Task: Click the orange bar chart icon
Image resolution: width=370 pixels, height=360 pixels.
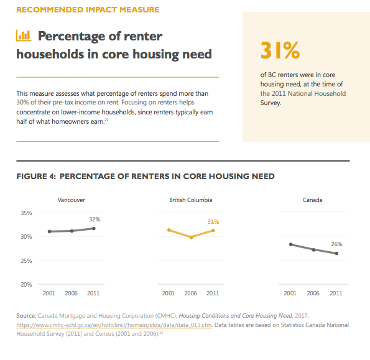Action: [24, 35]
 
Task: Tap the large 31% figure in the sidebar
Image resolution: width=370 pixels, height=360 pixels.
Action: [280, 50]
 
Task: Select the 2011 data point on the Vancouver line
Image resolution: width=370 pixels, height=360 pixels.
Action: [94, 228]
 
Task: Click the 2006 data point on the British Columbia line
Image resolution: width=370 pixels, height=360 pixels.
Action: [191, 238]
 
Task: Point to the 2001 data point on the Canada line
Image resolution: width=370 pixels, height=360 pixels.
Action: [291, 244]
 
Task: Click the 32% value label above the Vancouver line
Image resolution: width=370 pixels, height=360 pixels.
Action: [95, 219]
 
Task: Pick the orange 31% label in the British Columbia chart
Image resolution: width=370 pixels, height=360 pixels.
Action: [213, 222]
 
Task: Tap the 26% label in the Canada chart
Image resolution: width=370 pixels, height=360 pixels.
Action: [336, 244]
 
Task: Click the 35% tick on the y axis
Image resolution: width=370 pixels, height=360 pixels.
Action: [26, 213]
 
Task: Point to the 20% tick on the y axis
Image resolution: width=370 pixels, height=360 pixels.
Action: [26, 285]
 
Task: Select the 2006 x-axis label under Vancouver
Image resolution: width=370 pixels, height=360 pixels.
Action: [71, 293]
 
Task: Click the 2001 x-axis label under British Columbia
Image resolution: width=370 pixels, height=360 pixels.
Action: [169, 293]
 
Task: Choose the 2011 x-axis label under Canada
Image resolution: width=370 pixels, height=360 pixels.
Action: [336, 293]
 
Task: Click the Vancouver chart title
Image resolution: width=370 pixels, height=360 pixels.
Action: [72, 200]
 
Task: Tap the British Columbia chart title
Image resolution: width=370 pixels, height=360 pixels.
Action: [191, 200]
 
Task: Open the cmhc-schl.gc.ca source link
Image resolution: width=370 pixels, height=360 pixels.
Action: [114, 325]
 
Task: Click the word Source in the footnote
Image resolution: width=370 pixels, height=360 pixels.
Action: [26, 316]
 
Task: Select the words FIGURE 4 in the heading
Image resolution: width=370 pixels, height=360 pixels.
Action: [36, 176]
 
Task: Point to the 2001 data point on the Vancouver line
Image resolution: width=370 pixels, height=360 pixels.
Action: [50, 232]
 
